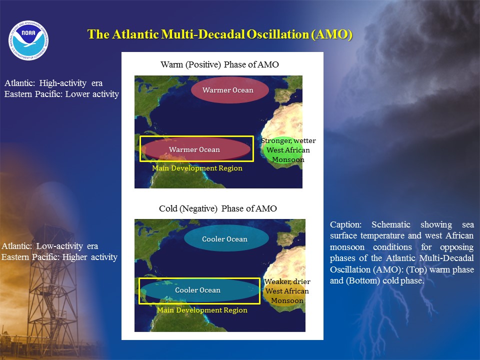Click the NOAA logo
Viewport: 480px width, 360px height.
28,40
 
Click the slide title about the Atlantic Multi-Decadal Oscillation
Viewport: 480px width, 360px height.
220,34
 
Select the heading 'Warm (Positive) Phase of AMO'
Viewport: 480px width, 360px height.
220,64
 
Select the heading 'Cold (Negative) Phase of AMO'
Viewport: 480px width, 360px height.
218,208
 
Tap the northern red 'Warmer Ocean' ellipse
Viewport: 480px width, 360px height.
230,90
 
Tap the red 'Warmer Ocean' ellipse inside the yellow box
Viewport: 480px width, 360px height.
196,149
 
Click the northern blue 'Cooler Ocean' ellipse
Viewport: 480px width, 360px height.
226,238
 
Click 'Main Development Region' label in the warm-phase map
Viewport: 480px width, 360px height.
197,168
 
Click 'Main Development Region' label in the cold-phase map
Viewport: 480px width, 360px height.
202,310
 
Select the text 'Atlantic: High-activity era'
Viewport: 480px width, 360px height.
53,83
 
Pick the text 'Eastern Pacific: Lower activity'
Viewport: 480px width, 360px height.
61,94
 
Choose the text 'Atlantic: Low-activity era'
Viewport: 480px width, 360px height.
50,246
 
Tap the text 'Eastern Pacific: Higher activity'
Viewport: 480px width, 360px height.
59,257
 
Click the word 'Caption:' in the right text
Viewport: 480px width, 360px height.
345,224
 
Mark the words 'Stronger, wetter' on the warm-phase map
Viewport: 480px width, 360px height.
288,140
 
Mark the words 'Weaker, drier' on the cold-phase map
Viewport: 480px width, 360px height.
287,281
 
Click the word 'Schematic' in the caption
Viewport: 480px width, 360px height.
391,224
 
